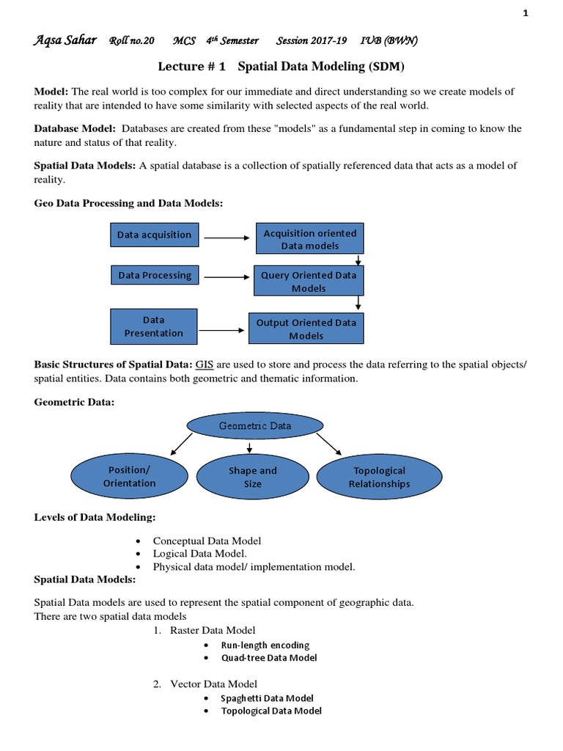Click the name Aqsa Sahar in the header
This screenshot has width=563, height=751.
(65, 41)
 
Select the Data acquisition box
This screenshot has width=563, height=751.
(154, 235)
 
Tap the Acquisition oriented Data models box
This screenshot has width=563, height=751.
(309, 239)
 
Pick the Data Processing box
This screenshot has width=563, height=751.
(154, 276)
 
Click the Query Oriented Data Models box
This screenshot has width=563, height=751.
(309, 282)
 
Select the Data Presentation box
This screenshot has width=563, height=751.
(154, 326)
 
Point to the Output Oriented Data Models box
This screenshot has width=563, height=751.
(306, 329)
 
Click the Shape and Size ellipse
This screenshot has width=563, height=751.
(252, 477)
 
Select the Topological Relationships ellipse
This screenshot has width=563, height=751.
(379, 477)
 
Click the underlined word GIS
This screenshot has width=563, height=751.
(203, 364)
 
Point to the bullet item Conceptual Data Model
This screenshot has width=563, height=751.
(207, 541)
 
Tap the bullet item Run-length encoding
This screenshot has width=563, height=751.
(265, 645)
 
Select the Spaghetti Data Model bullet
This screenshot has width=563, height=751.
(267, 698)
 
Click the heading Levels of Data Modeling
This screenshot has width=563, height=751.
(95, 517)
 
